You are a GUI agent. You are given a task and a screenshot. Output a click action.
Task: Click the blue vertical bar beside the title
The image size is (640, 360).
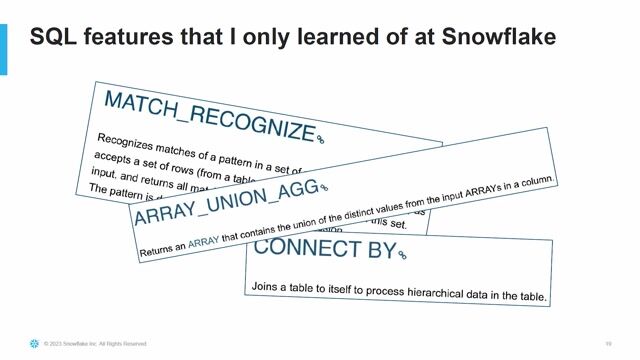(3, 50)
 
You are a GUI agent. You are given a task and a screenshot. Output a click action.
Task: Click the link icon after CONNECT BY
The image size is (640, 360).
(402, 256)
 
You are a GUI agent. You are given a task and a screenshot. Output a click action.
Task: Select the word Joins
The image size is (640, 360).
(264, 286)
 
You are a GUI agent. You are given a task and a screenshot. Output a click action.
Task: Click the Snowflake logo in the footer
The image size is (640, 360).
(34, 344)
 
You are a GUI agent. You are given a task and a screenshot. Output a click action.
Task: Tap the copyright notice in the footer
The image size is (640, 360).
(94, 344)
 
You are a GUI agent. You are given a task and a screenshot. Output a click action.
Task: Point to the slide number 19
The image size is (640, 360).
(608, 344)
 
